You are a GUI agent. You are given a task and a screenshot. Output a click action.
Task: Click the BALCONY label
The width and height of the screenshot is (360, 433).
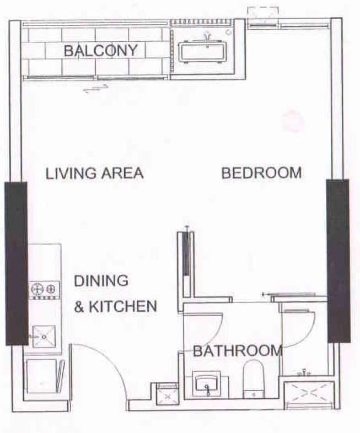(x=100, y=51)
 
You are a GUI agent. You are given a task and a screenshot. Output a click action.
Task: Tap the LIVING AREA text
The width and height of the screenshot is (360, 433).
(x=94, y=173)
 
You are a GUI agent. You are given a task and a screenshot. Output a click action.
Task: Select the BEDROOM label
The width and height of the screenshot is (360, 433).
(x=261, y=173)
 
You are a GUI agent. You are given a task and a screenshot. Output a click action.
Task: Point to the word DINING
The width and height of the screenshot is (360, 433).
(x=101, y=280)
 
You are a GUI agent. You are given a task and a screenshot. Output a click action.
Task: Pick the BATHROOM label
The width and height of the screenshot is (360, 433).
(x=237, y=350)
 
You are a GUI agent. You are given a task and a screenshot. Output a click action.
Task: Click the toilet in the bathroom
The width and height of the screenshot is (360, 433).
(x=254, y=378)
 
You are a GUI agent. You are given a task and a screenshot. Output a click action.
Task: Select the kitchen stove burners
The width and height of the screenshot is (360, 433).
(x=45, y=288)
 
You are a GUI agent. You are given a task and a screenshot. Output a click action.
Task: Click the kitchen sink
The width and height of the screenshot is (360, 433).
(x=44, y=336)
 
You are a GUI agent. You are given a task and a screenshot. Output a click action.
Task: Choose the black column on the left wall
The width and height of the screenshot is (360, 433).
(x=16, y=263)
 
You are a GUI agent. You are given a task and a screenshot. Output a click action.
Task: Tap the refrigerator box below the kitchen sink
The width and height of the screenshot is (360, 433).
(x=41, y=376)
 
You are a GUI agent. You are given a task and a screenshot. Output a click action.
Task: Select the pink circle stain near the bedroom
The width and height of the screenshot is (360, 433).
(x=293, y=121)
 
